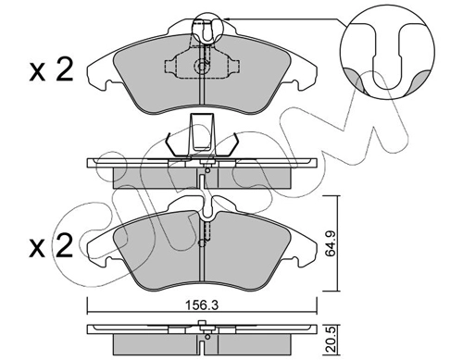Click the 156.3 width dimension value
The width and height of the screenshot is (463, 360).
202,305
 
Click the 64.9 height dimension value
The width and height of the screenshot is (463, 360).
331,242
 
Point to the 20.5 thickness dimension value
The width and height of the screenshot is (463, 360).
331,340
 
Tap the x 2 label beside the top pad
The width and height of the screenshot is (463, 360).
51,70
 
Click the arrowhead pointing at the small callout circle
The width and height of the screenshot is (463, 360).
226,19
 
